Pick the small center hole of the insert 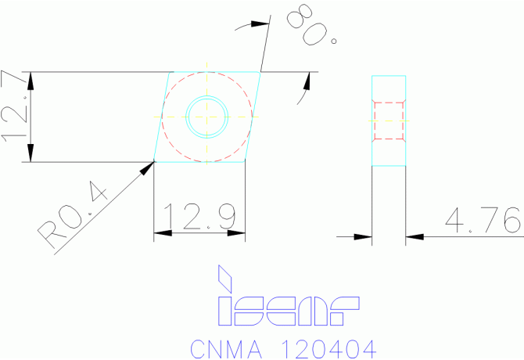[206, 117]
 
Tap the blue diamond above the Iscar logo [227, 278]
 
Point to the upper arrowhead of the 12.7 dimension [31, 78]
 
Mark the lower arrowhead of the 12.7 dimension [31, 156]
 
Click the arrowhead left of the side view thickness [364, 236]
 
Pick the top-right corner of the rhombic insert [260, 73]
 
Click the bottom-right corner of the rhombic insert [245, 162]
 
